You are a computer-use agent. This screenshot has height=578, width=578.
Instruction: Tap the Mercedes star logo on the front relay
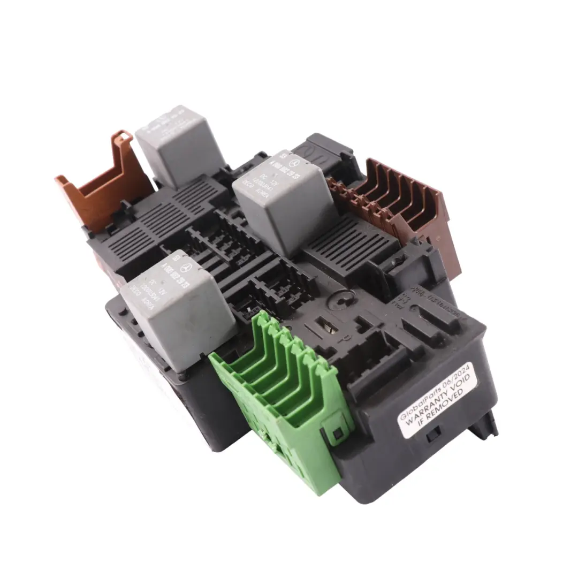pos(185,268)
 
